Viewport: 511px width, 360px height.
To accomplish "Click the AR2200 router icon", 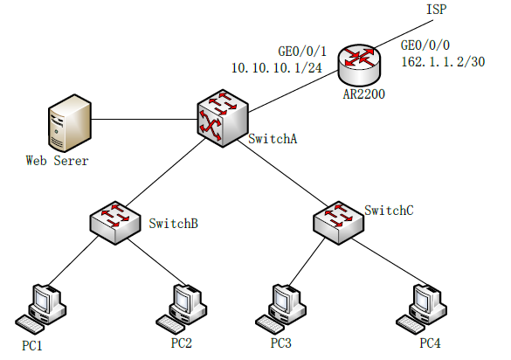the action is pyautogui.click(x=360, y=65).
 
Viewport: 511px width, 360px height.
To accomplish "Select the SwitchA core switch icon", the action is pyautogui.click(x=223, y=118).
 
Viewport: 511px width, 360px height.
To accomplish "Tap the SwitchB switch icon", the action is pyautogui.click(x=115, y=223).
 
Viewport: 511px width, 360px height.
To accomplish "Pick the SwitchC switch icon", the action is pyautogui.click(x=338, y=223).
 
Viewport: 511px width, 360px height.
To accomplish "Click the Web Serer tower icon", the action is pyautogui.click(x=70, y=123).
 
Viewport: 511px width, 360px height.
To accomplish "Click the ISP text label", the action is pyautogui.click(x=437, y=9).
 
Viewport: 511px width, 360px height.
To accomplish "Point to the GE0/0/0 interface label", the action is pyautogui.click(x=425, y=45).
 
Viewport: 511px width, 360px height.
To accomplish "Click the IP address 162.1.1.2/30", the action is pyautogui.click(x=443, y=62).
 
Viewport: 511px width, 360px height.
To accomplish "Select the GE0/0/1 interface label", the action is pyautogui.click(x=302, y=52).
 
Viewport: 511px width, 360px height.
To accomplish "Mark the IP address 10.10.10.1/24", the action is pyautogui.click(x=277, y=68).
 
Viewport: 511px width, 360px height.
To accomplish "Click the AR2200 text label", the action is pyautogui.click(x=363, y=93).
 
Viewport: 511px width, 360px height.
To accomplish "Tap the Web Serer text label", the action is pyautogui.click(x=58, y=161).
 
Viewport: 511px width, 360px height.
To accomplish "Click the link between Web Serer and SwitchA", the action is pyautogui.click(x=144, y=119).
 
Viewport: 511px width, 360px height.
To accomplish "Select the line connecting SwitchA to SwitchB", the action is pyautogui.click(x=166, y=172).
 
